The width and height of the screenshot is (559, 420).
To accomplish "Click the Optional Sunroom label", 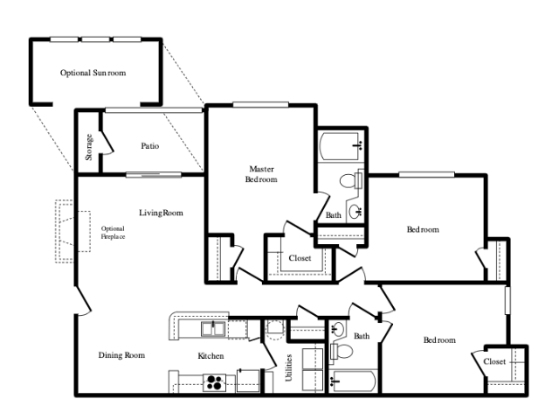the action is (93, 73).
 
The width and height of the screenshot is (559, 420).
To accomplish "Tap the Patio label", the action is (149, 146).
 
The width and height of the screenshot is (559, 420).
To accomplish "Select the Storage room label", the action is (89, 147).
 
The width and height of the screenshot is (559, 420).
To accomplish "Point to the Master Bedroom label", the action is (261, 174).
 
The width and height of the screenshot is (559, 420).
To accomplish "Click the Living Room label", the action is (161, 213).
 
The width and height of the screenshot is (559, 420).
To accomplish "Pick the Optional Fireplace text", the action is (113, 233).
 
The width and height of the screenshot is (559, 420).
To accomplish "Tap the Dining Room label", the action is (121, 355).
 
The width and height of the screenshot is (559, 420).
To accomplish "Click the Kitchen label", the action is (210, 356).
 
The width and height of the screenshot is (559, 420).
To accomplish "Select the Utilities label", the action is (289, 367).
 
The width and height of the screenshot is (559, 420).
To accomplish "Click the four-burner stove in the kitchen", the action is (215, 382).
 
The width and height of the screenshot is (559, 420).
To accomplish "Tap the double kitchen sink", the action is (213, 329).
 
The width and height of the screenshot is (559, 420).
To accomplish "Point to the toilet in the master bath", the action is (351, 181).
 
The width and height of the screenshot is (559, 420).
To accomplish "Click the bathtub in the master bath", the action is (340, 146).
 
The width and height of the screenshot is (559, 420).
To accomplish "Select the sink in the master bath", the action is (355, 211).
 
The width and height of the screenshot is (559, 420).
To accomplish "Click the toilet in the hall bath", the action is (342, 352).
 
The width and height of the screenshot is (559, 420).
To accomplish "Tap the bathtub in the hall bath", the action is (352, 381).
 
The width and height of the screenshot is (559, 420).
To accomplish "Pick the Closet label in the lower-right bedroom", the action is (494, 361).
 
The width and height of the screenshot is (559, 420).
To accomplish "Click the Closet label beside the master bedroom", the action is (300, 258).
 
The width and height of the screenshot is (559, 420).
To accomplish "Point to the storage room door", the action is (107, 143).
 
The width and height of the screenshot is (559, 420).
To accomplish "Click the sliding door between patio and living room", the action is (154, 175).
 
